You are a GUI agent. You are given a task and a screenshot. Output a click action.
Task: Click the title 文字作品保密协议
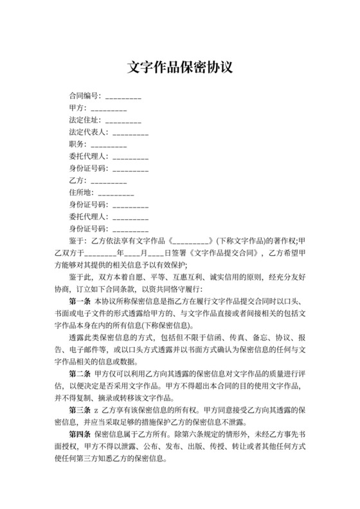pos(179,67)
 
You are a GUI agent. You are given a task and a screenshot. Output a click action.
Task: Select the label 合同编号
pos(85,96)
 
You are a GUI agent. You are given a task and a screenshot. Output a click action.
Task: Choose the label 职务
pos(76,143)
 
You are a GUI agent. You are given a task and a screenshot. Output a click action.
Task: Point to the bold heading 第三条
pos(80,410)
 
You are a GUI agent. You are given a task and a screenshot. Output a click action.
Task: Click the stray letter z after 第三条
pos(96,410)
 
